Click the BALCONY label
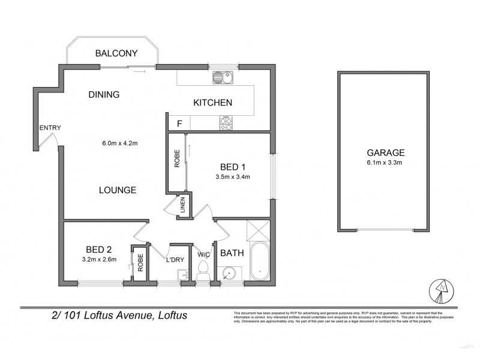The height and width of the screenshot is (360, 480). pyautogui.click(x=117, y=53)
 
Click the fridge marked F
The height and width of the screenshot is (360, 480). pyautogui.click(x=179, y=124)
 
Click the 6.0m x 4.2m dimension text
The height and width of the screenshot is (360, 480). pyautogui.click(x=121, y=143)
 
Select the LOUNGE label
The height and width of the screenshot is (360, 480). pyautogui.click(x=118, y=190)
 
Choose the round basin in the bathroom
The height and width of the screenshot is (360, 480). pyautogui.click(x=228, y=273)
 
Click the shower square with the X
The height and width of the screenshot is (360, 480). pyautogui.click(x=258, y=230)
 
